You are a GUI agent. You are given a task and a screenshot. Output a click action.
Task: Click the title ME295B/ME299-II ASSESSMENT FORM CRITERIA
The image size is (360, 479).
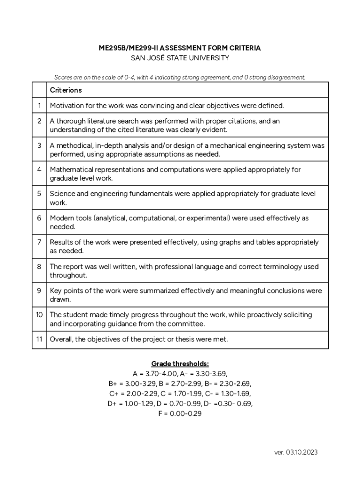pyautogui.click(x=180, y=48)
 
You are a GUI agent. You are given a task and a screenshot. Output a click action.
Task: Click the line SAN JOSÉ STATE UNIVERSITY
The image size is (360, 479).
pyautogui.click(x=180, y=58)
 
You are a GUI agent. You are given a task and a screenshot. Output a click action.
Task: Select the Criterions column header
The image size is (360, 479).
pyautogui.click(x=66, y=90)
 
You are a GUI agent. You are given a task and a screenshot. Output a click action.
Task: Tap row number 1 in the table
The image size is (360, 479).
pyautogui.click(x=39, y=106)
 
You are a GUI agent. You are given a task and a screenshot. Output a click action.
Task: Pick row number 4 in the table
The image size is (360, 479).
pyautogui.click(x=39, y=170)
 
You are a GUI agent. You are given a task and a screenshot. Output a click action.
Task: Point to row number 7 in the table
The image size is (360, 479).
pyautogui.click(x=39, y=242)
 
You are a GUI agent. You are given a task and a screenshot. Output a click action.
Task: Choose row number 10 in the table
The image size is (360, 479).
pyautogui.click(x=39, y=315)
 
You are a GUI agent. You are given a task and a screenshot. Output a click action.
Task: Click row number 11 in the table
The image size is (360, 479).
pyautogui.click(x=39, y=340)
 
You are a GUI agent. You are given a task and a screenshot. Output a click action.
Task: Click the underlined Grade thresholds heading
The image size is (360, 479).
pyautogui.click(x=180, y=364)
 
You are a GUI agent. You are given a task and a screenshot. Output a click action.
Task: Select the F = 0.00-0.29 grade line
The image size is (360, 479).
pyautogui.click(x=180, y=414)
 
